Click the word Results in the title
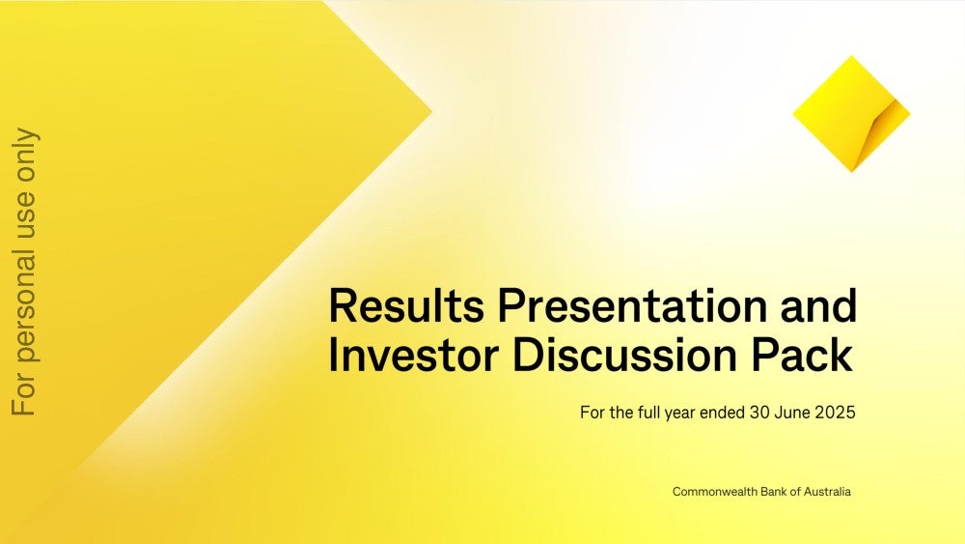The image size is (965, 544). (406, 305)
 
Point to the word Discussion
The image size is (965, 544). (624, 355)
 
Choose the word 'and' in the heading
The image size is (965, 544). (819, 305)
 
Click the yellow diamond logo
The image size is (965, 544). (851, 114)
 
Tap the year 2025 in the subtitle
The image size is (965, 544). (835, 413)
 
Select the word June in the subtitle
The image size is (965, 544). (792, 413)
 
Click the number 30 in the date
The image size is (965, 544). (758, 413)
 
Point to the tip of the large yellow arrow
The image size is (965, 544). (432, 111)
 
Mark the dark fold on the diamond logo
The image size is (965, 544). (881, 129)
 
